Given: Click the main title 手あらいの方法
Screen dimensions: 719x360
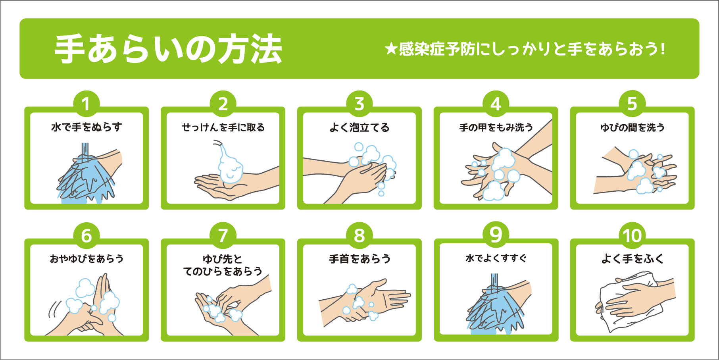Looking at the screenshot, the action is point(168,49).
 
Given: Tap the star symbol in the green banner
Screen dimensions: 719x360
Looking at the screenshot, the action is point(391,49).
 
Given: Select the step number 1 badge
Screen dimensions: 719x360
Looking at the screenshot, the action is point(86,104).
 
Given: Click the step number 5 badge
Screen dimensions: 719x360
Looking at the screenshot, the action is point(632,104).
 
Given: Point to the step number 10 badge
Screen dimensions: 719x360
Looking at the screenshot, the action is point(632,236).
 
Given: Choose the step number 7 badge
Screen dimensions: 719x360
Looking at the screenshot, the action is point(223,236).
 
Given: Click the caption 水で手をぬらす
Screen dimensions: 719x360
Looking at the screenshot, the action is point(87,127).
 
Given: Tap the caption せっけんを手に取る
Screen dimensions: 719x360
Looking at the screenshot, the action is point(223,127).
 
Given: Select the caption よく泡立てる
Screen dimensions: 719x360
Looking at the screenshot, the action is point(359,127).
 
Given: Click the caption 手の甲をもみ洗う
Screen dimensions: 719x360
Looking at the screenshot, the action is point(496,127).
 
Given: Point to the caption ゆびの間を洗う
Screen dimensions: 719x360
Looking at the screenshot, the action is point(632,127).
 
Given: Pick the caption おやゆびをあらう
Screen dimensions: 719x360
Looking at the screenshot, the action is point(87,259).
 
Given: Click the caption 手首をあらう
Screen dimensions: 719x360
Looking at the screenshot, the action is point(359,259).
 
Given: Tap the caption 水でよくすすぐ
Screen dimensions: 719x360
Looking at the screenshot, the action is point(496,258).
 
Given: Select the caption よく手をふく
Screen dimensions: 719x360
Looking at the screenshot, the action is point(632,259).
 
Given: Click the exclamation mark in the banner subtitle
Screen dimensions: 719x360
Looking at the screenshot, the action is point(663,49).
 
